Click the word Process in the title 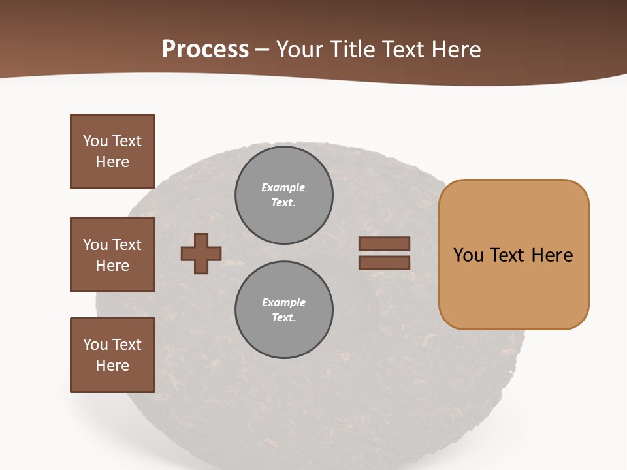click(x=205, y=50)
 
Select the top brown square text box click(x=112, y=151)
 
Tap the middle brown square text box click(x=112, y=255)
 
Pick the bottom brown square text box click(x=112, y=355)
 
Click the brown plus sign click(x=201, y=253)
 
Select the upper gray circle click(x=284, y=195)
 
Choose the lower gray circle click(x=284, y=310)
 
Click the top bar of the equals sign click(x=384, y=244)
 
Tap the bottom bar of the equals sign click(x=384, y=263)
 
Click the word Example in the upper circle click(x=283, y=187)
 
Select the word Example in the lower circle click(x=283, y=302)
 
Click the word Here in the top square click(x=112, y=162)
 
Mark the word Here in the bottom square click(x=112, y=366)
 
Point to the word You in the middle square click(x=94, y=245)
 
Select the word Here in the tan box click(x=552, y=255)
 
